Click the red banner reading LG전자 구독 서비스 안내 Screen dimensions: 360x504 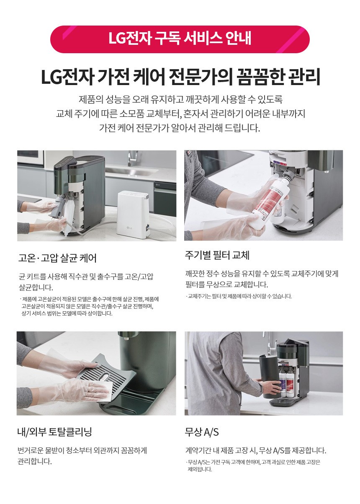[x=180, y=39]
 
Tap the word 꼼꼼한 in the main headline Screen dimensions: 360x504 [x=259, y=77]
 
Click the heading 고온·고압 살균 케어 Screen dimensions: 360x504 [x=57, y=258]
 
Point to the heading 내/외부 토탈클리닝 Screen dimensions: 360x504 [x=55, y=432]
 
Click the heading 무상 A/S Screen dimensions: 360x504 [x=202, y=432]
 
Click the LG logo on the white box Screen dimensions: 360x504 [x=129, y=229]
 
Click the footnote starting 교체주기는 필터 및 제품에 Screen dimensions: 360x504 [x=239, y=296]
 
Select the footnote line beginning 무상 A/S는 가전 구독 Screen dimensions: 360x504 [x=253, y=462]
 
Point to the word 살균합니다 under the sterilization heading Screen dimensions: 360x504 [x=36, y=287]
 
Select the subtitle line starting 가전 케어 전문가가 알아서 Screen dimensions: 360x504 [x=180, y=128]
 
